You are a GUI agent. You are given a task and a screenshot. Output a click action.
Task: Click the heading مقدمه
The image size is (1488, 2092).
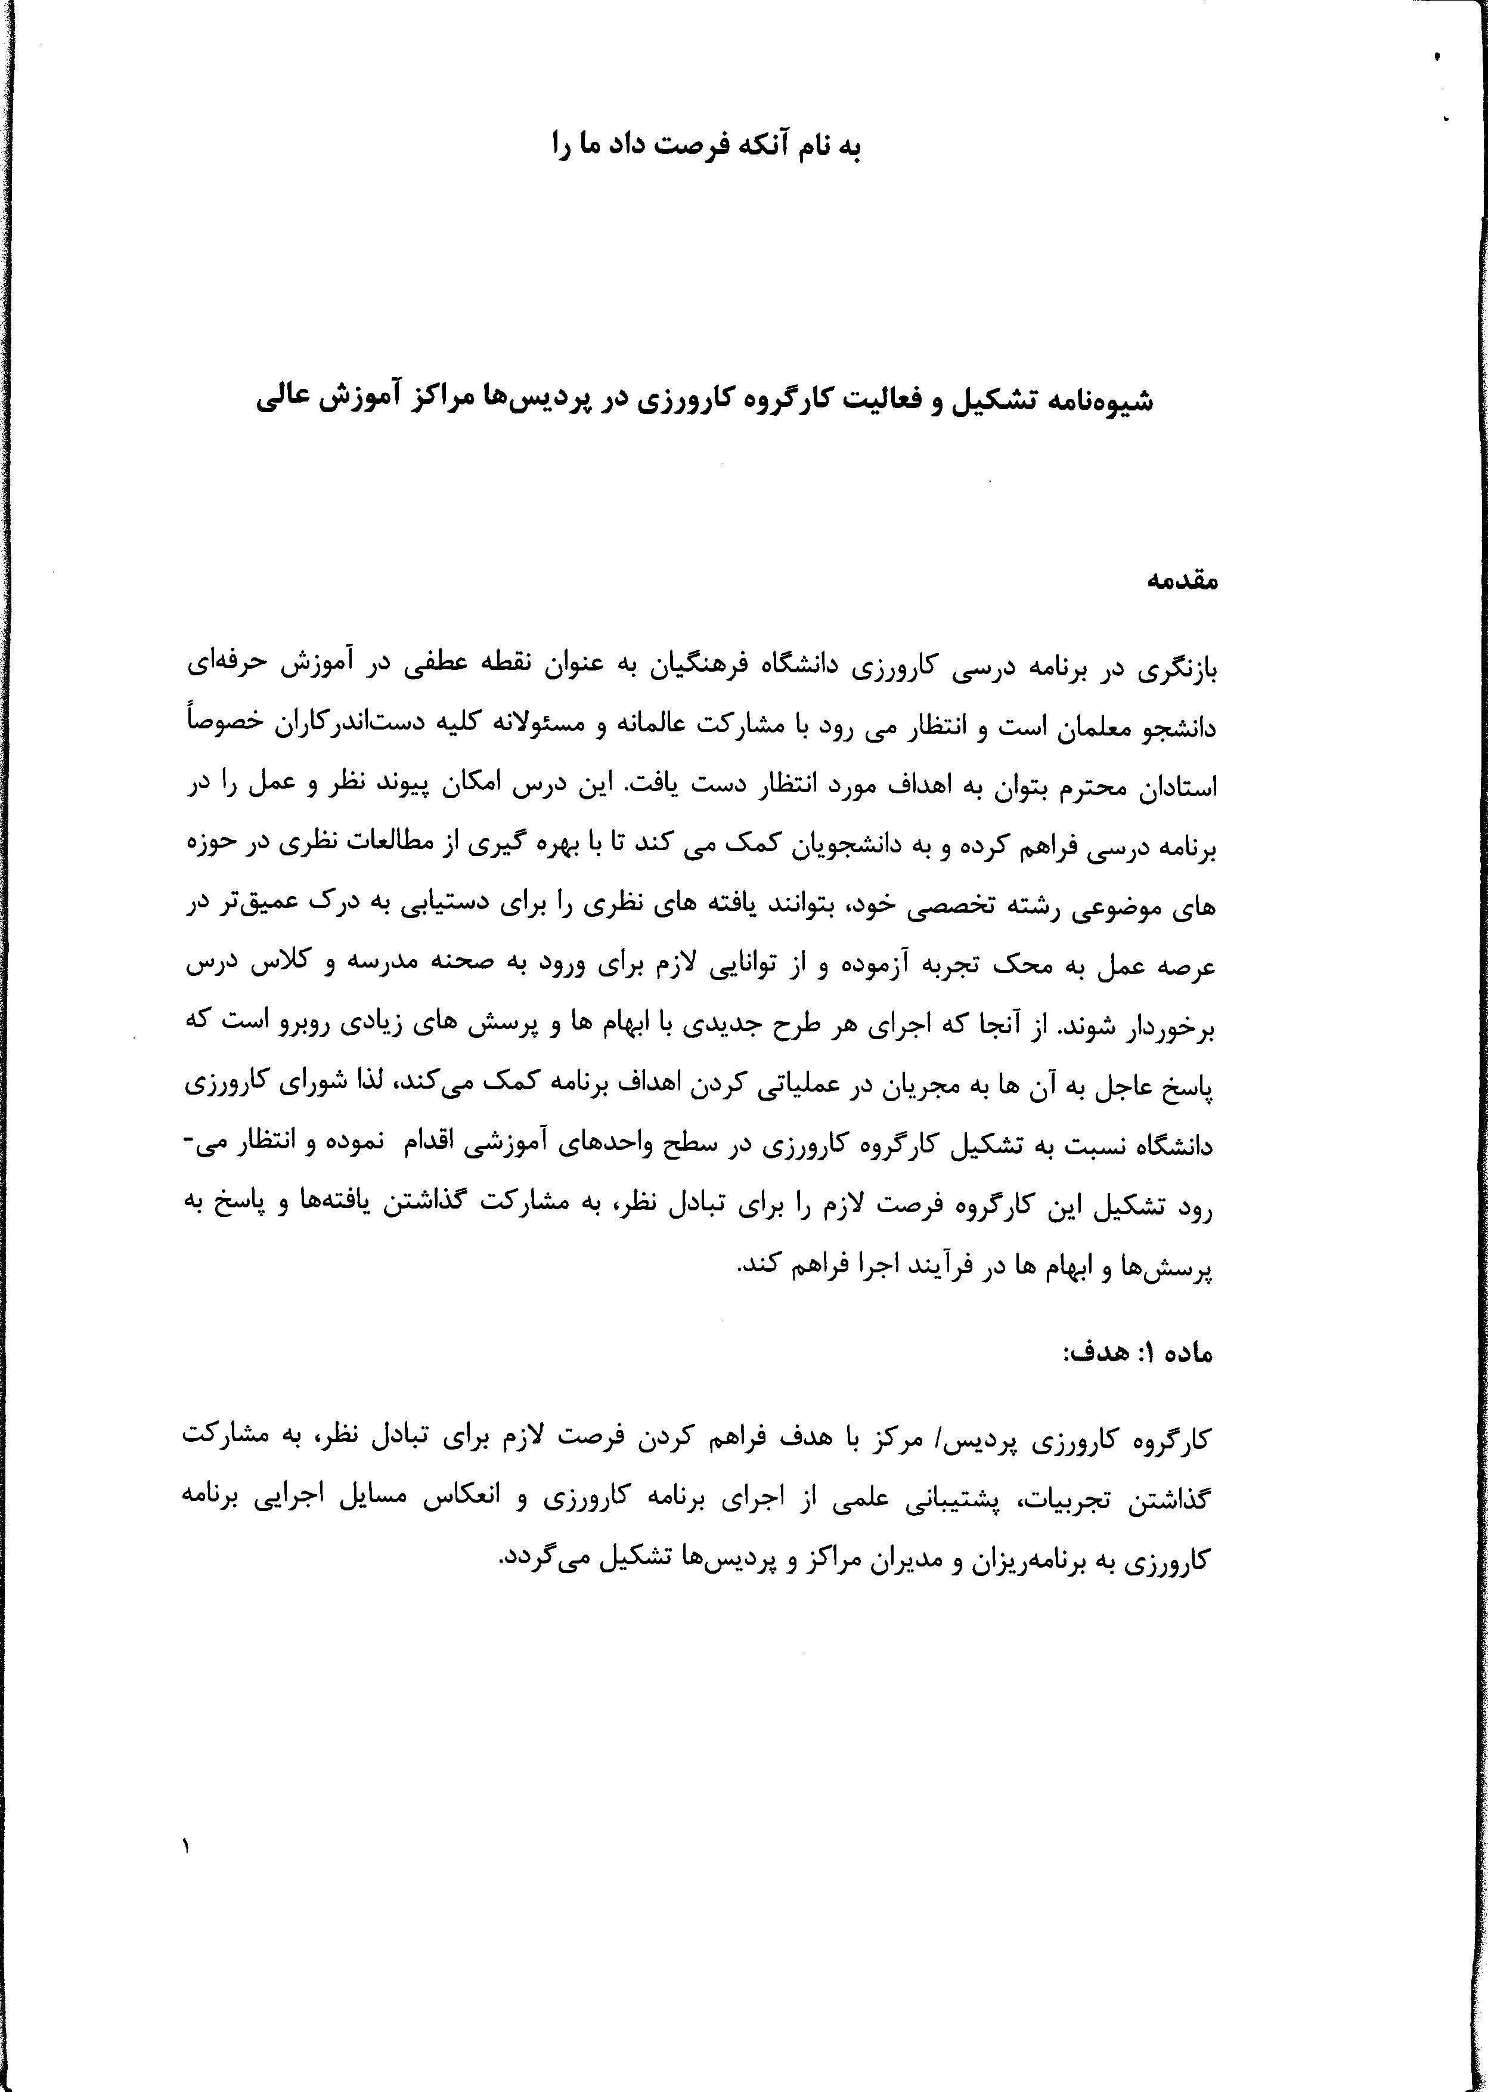coord(1183,580)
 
